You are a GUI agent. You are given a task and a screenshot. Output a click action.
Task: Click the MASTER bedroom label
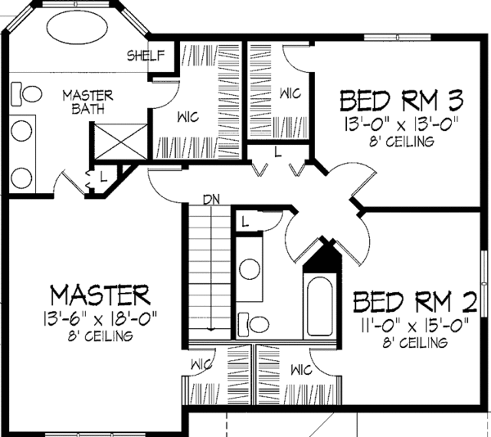tap(100, 293)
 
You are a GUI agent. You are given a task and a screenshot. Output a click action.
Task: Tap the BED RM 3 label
tap(401, 102)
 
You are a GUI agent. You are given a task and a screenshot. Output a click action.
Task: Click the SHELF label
tap(146, 56)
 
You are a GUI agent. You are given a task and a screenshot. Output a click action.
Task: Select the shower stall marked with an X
tap(120, 142)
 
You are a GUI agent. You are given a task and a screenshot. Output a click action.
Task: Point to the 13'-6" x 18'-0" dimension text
tap(100, 316)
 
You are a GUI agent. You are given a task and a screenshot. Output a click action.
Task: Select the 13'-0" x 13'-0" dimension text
tap(402, 124)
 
